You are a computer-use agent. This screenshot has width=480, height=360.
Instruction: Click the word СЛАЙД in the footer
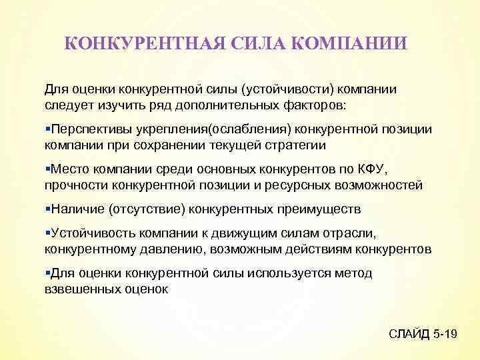pyautogui.click(x=409, y=333)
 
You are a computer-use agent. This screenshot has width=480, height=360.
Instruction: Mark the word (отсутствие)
pyautogui.click(x=144, y=209)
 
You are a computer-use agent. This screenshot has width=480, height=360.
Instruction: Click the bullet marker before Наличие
pyautogui.click(x=47, y=209)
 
